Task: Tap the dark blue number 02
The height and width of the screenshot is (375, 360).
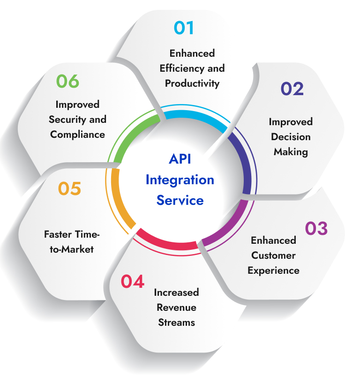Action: click(292, 89)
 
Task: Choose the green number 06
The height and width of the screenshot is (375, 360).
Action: click(68, 81)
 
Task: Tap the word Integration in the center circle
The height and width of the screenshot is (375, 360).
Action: click(180, 180)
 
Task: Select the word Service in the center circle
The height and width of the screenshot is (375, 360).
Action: click(180, 200)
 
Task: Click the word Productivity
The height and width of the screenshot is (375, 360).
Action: click(192, 83)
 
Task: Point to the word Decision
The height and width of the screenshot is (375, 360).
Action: click(291, 137)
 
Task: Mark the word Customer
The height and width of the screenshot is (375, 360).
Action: click(273, 255)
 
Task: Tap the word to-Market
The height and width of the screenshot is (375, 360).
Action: click(73, 249)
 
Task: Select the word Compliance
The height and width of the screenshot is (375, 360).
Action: click(77, 135)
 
